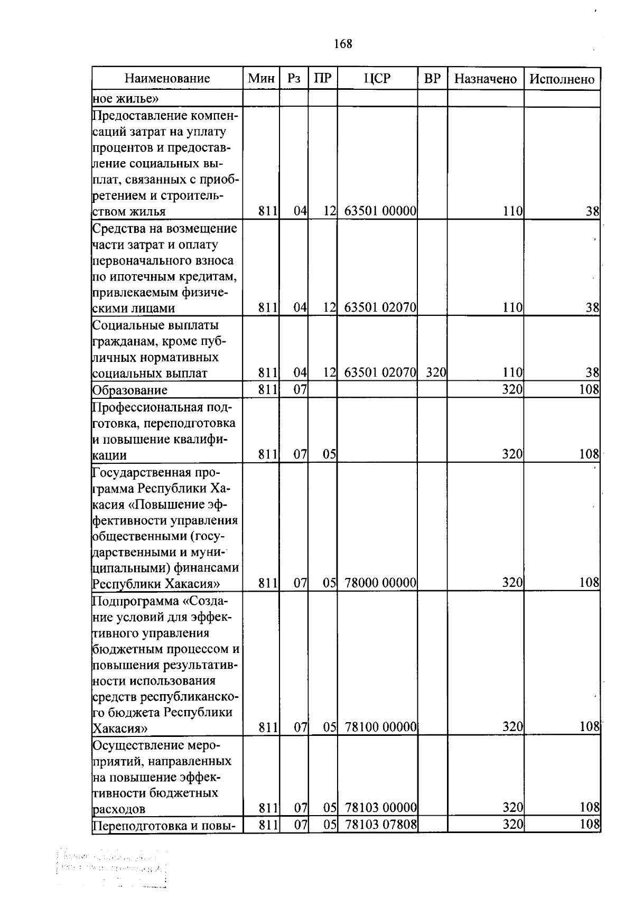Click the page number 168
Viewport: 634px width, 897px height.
coord(343,44)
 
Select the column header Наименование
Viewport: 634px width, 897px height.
coord(167,79)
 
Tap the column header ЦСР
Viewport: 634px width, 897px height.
coord(377,79)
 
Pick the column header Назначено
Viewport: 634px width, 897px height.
coord(485,79)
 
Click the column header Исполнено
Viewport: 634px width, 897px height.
coord(562,79)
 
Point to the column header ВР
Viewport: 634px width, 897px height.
coord(432,79)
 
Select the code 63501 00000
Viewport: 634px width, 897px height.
coord(380,212)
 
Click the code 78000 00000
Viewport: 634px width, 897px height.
coord(380,583)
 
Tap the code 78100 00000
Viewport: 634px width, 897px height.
coord(380,727)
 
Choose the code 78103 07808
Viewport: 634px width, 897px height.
coord(380,824)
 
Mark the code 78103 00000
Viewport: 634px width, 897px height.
coord(380,808)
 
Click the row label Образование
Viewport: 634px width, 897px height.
coord(130,390)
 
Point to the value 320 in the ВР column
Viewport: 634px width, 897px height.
coord(436,373)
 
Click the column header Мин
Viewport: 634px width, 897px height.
coord(261,79)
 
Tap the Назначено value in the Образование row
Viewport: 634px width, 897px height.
coord(512,390)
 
